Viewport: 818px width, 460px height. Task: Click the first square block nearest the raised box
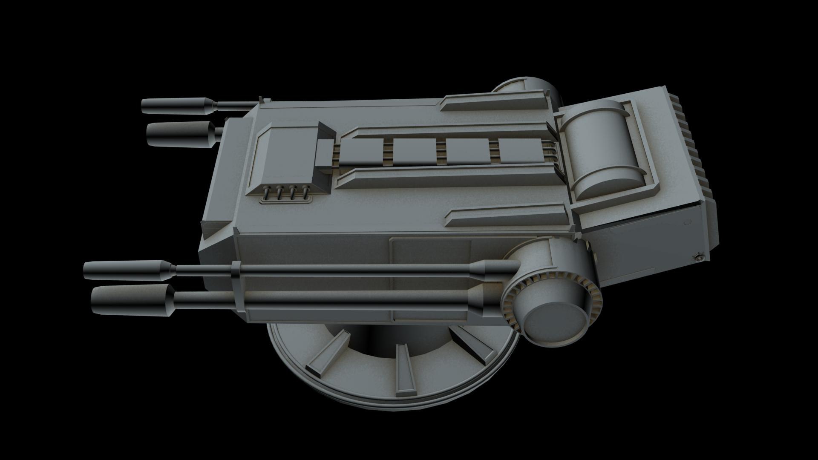tap(362, 152)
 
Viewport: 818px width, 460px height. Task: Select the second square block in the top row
tap(415, 152)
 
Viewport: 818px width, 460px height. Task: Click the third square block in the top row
tap(467, 151)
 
